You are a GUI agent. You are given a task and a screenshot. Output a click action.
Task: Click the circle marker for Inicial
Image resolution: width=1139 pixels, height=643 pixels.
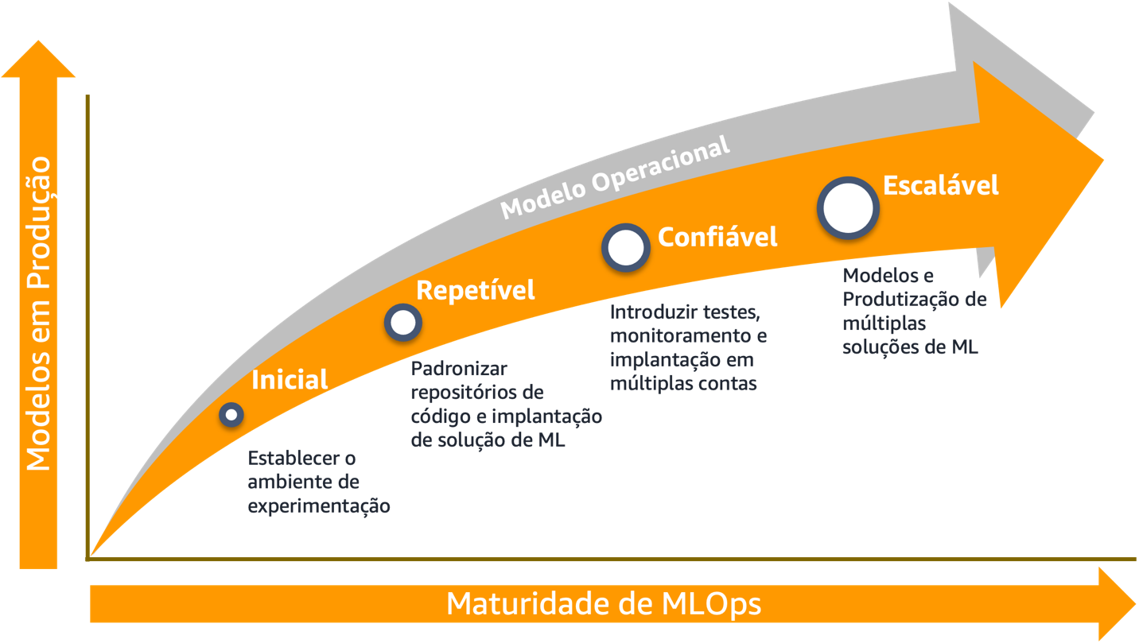pyautogui.click(x=231, y=414)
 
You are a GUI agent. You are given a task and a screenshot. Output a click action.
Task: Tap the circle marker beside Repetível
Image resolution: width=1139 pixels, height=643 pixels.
pyautogui.click(x=403, y=323)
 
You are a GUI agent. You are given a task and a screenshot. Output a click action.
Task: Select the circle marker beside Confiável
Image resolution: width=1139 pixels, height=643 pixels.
pyautogui.click(x=626, y=247)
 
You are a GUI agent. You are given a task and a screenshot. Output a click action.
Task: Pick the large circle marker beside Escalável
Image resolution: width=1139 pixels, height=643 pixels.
pyautogui.click(x=849, y=207)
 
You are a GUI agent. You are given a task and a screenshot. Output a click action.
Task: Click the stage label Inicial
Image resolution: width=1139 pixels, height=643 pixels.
pyautogui.click(x=290, y=380)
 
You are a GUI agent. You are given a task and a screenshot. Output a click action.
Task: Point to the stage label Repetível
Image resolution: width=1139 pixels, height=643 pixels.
pyautogui.click(x=476, y=290)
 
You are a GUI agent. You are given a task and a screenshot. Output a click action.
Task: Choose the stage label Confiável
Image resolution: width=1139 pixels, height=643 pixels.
pyautogui.click(x=717, y=236)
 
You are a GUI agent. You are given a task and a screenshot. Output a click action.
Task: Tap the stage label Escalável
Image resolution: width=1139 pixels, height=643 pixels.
pyautogui.click(x=941, y=185)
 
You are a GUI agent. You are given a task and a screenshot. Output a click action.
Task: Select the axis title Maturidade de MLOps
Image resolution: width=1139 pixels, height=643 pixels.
pyautogui.click(x=603, y=604)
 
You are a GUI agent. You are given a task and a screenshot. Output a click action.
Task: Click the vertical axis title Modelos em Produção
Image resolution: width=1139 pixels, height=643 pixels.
pyautogui.click(x=38, y=314)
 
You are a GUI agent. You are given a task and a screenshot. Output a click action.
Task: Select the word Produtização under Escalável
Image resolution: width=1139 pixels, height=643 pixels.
pyautogui.click(x=902, y=300)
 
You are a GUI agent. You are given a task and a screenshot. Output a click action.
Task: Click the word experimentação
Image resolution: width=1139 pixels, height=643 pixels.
pyautogui.click(x=319, y=506)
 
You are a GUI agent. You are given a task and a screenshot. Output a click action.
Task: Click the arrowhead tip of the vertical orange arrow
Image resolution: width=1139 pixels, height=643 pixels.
pyautogui.click(x=38, y=49)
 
